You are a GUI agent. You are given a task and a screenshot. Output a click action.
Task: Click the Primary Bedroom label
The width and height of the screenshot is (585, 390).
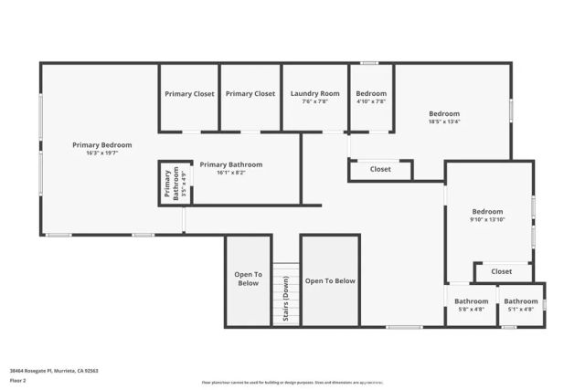(x=102, y=144)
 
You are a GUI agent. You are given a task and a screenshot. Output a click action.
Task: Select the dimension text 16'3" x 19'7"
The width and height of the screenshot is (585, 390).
(x=102, y=153)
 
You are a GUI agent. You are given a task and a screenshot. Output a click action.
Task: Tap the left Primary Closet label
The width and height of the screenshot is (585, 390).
(x=189, y=93)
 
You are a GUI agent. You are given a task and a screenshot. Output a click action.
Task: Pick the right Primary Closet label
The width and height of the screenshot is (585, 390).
(x=250, y=93)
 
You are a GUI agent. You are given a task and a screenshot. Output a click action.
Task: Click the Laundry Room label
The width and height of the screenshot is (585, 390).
(x=314, y=93)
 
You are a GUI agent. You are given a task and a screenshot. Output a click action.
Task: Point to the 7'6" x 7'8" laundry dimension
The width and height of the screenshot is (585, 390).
(x=314, y=101)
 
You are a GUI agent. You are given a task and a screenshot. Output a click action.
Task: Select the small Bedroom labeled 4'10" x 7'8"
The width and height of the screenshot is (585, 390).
(x=371, y=93)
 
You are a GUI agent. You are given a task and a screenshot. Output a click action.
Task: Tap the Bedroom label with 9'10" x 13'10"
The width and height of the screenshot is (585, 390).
(x=487, y=211)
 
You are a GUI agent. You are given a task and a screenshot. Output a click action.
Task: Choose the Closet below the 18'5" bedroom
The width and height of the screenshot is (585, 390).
(x=380, y=169)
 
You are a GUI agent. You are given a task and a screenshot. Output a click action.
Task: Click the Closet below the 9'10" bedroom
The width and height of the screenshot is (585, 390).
(x=502, y=271)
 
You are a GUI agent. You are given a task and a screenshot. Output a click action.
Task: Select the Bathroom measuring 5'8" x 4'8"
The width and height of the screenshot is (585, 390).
(x=472, y=301)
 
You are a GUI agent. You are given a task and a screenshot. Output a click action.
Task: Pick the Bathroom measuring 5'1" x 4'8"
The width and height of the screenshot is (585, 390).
(x=521, y=301)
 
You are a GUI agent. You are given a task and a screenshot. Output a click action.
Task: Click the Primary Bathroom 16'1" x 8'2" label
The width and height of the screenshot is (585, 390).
(x=230, y=164)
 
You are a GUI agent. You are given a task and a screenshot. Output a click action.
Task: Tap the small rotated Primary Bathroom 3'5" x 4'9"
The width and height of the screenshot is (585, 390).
(x=170, y=184)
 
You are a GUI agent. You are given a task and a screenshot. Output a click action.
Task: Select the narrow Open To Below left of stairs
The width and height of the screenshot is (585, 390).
(x=248, y=279)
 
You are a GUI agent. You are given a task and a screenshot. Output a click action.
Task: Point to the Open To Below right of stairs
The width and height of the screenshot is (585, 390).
(x=330, y=281)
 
